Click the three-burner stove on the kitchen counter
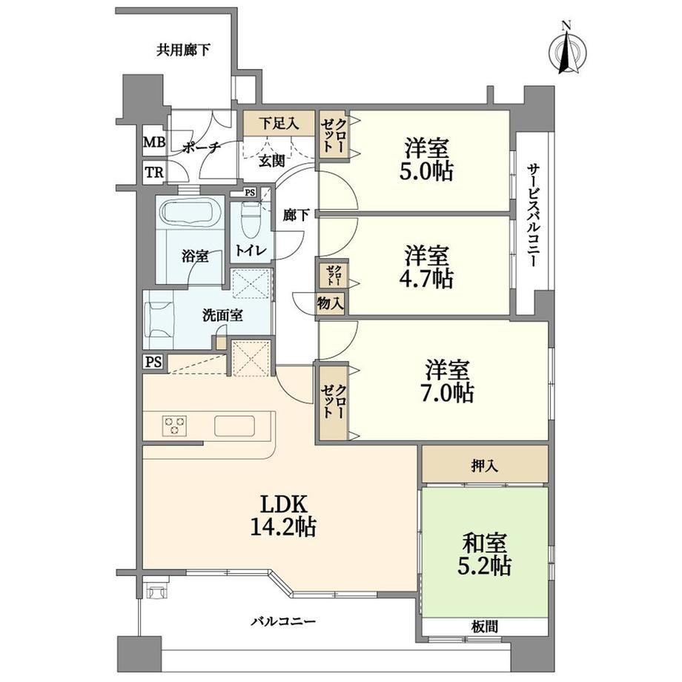pos(175,426)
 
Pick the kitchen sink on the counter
pos(234,426)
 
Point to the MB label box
pos(154,142)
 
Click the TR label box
pos(154,173)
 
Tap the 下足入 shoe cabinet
pos(279,124)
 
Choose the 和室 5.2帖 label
pos(484,554)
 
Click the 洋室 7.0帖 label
pos(447,382)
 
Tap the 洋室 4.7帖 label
pos(426,267)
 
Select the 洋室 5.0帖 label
pos(426,159)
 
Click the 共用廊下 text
pos(184,50)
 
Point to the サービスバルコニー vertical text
pos(532,215)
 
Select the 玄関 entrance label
pos(272,162)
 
